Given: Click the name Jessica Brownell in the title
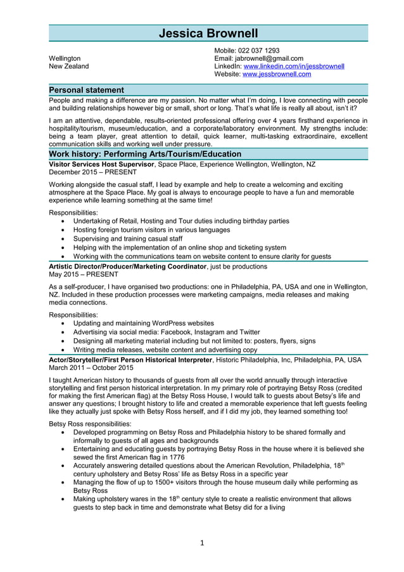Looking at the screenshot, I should pyautogui.click(x=208, y=34).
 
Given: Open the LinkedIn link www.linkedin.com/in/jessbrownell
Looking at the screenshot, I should pyautogui.click(x=294, y=67).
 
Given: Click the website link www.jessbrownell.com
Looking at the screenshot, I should pyautogui.click(x=277, y=74).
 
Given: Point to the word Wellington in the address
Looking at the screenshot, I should pyautogui.click(x=65, y=58).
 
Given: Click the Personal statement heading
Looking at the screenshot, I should pyautogui.click(x=87, y=90).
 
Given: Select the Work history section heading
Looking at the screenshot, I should pyautogui.click(x=145, y=154).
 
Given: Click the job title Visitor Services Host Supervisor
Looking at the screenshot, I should pyautogui.click(x=101, y=164).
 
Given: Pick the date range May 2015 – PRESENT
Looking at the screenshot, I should pyautogui.click(x=83, y=274).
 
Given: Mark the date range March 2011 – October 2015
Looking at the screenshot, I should pyautogui.click(x=91, y=367).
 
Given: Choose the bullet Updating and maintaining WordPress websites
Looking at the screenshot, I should pyautogui.click(x=143, y=323).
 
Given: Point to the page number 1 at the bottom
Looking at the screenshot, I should pyautogui.click(x=201, y=542).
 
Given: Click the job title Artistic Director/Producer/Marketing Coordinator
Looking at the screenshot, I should pyautogui.click(x=127, y=267).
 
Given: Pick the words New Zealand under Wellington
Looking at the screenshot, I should pyautogui.click(x=68, y=67).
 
